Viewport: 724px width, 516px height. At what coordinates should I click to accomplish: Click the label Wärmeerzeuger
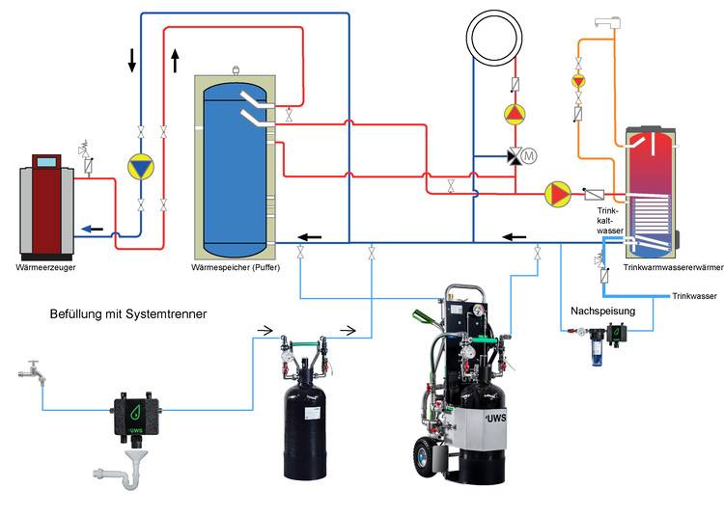tap(46, 267)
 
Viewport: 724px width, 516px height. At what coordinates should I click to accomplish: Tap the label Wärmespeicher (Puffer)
tap(237, 267)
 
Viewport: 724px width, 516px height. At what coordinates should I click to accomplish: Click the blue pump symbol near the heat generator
tap(141, 167)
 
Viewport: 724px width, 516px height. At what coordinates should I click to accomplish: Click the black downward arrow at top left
tap(132, 61)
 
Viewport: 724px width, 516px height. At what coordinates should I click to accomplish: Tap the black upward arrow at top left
tap(175, 61)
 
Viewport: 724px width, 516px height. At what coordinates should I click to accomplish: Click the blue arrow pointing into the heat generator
tap(92, 229)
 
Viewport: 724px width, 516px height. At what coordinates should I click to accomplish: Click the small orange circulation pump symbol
tap(578, 81)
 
